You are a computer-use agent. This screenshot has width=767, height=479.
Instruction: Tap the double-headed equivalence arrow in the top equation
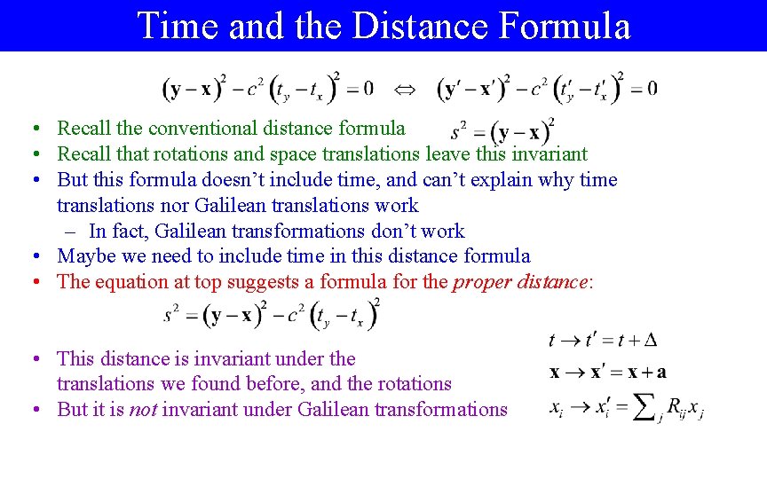tap(405, 89)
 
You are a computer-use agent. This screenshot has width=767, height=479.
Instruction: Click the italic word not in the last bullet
tap(142, 410)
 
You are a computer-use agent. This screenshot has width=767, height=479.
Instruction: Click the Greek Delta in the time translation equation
tap(651, 341)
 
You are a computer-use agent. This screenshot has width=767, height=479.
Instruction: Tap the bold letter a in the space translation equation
tap(661, 373)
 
